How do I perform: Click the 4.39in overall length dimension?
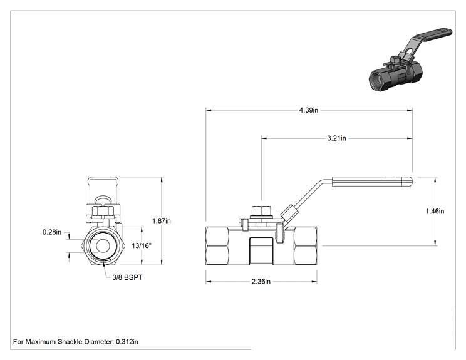coord(309,110)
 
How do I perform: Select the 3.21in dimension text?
coord(336,138)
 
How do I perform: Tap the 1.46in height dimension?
coord(435,211)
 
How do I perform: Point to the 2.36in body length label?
coord(261,281)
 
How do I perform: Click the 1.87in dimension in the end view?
coord(162,220)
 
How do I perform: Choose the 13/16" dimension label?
coord(142,245)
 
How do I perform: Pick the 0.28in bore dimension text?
coord(52,232)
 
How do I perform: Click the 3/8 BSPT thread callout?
coord(128,277)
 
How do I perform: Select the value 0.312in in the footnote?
coord(127,342)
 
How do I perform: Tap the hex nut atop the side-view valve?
coord(261,210)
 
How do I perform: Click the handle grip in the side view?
coord(372,182)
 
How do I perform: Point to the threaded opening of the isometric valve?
coord(377,80)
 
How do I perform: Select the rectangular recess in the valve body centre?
coord(261,251)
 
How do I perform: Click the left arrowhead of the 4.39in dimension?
coord(209,110)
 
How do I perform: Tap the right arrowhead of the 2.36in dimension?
coord(314,281)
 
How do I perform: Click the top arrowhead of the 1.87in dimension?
coord(162,180)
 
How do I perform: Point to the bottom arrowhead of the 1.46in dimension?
coord(435,244)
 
